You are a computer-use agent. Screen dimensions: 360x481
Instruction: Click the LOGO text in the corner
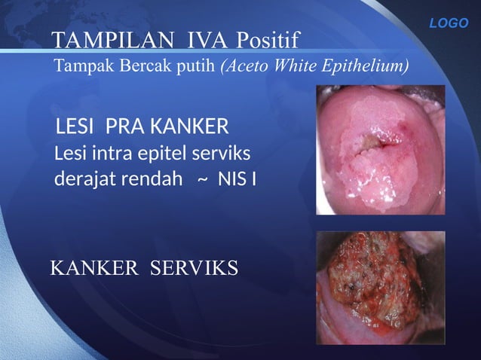449,23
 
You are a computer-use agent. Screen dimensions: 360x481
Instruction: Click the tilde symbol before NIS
203,182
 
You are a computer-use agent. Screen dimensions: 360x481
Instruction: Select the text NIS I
237,181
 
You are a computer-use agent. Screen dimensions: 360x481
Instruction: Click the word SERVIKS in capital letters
195,267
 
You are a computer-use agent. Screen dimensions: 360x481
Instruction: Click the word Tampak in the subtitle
76,67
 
